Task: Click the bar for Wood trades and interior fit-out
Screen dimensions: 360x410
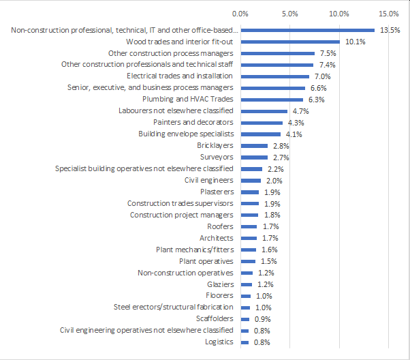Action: coord(290,42)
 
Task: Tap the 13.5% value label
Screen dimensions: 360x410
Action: coord(390,30)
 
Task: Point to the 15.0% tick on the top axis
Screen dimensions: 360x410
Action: coord(389,13)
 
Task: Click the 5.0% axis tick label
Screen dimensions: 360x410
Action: coord(289,13)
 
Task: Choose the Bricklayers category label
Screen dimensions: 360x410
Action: coord(215,146)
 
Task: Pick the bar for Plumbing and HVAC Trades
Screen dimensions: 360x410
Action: coord(271,100)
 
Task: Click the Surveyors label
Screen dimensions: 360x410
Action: coord(217,157)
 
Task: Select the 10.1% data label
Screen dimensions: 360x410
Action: coord(355,42)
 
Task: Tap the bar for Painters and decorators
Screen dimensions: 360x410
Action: coord(262,123)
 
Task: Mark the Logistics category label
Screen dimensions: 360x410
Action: coord(219,342)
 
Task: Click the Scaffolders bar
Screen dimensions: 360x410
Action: coord(245,319)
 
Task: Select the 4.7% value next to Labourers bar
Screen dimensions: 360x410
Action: coord(300,111)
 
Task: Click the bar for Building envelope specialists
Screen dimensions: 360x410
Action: coord(260,134)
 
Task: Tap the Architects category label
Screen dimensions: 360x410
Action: coord(216,238)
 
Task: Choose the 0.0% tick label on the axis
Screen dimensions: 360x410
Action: coord(240,13)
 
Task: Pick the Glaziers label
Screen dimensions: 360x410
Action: coord(220,284)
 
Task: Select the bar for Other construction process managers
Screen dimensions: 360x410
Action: coord(277,53)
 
